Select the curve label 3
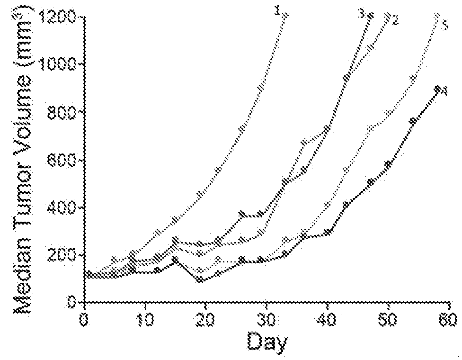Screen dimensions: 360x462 pos(362,14)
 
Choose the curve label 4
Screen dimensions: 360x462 pos(444,92)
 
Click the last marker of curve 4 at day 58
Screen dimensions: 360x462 pos(437,88)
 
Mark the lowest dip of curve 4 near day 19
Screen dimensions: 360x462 pos(200,279)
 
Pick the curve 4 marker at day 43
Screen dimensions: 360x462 pos(346,204)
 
